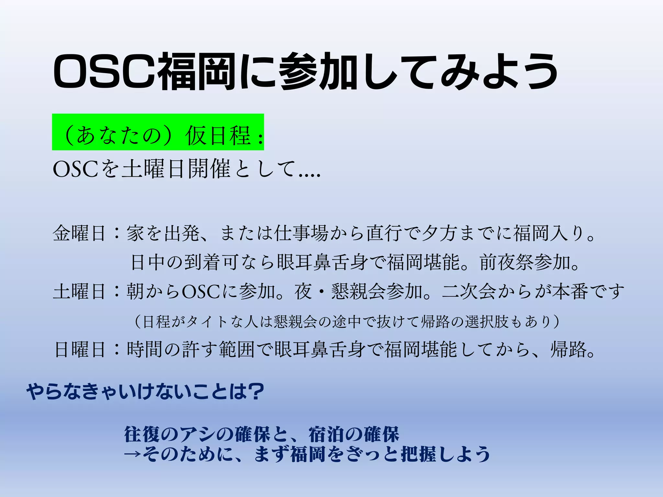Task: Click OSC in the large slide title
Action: [x=105, y=71]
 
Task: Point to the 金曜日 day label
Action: [x=79, y=233]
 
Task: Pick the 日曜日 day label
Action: [x=80, y=349]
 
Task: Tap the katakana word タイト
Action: [x=207, y=322]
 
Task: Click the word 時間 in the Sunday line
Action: [x=145, y=349]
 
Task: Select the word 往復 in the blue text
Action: [x=142, y=434]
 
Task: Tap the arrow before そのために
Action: [x=133, y=454]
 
